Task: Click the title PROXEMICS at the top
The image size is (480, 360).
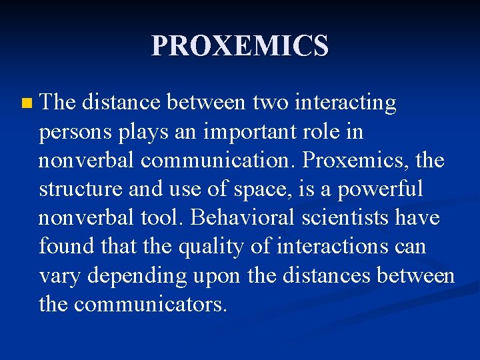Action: point(240,46)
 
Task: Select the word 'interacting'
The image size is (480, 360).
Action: point(345,103)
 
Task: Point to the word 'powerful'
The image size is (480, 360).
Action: point(380,189)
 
